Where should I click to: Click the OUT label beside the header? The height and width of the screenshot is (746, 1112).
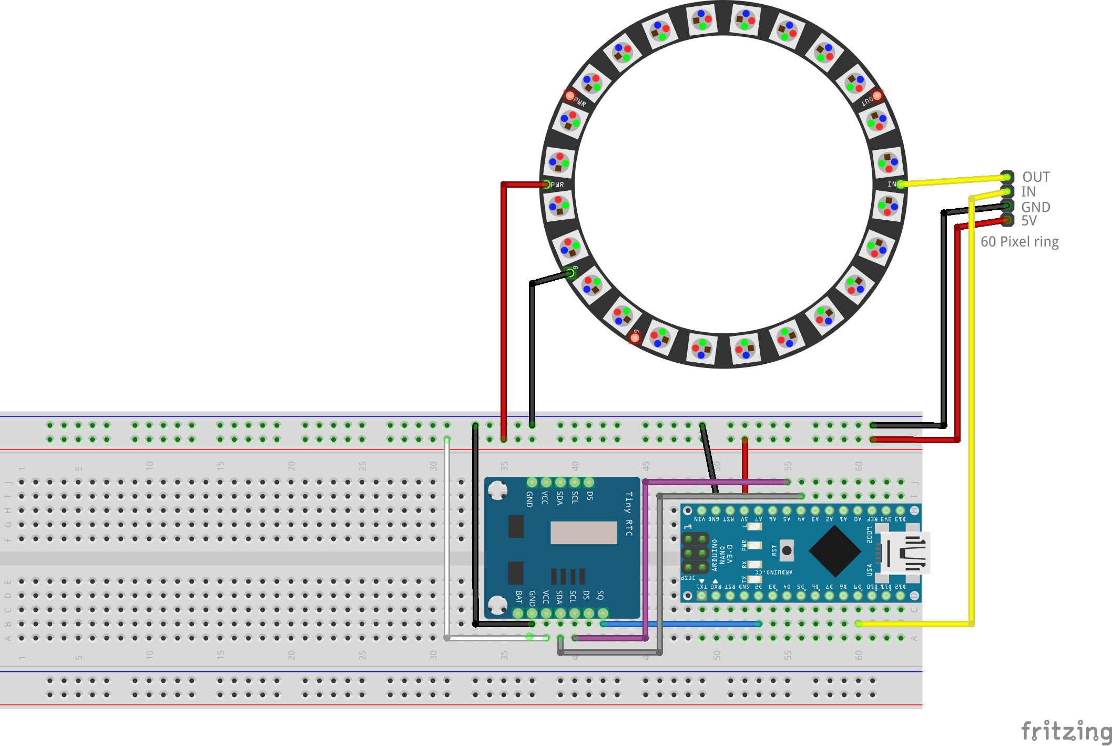1035,177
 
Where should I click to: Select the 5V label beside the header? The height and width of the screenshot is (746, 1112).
1029,221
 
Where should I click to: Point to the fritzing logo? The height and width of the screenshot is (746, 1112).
1066,731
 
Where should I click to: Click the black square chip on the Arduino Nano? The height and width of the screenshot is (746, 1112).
834,551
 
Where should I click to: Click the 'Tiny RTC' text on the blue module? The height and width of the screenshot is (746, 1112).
628,514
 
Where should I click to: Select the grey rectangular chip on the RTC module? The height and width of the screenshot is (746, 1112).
584,533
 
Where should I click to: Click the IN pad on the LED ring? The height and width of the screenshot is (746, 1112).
900,184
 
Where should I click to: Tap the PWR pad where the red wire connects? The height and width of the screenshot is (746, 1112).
547,185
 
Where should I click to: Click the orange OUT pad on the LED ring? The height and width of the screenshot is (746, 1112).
877,96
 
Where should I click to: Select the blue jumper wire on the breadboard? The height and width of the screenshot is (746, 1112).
681,624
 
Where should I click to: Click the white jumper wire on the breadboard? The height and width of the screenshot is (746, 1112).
447,536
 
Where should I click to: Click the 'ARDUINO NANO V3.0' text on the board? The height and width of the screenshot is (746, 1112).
722,555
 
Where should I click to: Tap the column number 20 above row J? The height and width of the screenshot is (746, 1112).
291,466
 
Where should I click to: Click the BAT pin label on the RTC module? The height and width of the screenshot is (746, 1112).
518,597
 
